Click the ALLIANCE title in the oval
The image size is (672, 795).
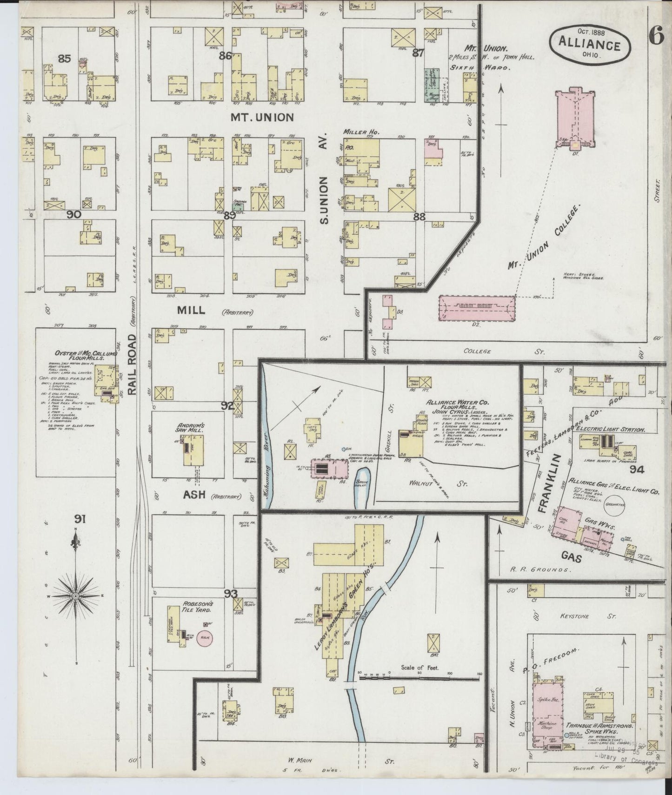pos(590,46)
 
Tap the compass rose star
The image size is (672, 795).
pos(77,596)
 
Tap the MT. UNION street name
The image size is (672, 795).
pos(262,117)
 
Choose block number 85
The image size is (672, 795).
pos(64,59)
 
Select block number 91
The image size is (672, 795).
pos(80,519)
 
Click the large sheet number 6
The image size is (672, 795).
pos(656,37)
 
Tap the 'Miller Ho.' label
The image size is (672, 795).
pos(361,132)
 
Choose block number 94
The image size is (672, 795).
pos(636,470)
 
